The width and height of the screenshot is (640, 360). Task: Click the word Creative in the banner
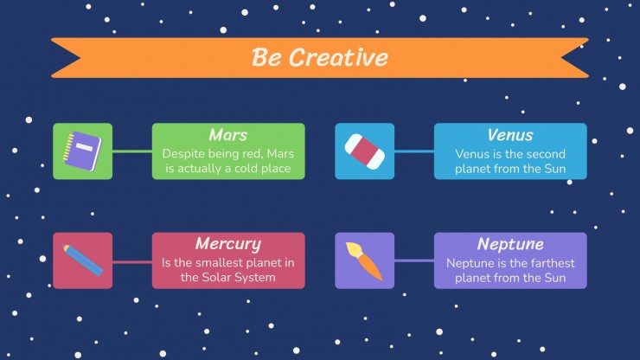339,57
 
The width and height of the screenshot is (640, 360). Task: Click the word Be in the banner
266,57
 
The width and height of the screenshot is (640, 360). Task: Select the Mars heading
228,135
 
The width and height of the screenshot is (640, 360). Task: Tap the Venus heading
510,135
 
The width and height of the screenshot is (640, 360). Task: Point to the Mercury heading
228,244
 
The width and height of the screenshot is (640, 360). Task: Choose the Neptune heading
510,244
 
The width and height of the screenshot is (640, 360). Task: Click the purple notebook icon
82,151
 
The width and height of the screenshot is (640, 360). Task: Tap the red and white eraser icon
364,151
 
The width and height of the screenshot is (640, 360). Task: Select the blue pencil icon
83,260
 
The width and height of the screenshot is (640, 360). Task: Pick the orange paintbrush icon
364,261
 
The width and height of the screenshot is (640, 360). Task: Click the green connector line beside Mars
132,151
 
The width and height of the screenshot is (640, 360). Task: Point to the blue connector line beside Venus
414,151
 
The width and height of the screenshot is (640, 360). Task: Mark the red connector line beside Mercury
132,262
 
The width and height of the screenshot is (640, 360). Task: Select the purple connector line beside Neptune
414,260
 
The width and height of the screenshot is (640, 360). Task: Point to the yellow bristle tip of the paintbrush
352,248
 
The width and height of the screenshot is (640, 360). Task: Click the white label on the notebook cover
85,147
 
